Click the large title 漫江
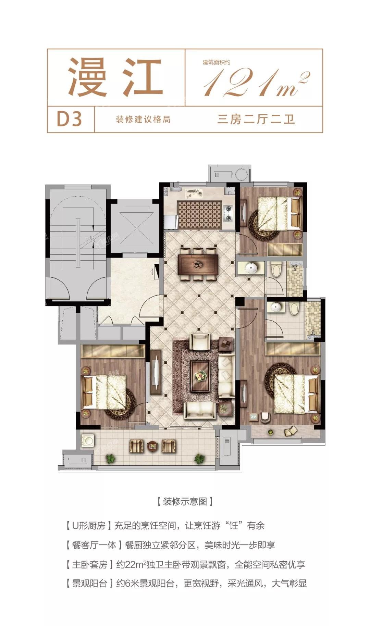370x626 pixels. (x=115, y=77)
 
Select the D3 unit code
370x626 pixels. (x=70, y=119)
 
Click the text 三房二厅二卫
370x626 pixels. (x=256, y=119)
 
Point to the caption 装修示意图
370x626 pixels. (x=185, y=502)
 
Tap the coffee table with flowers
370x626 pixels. (x=200, y=376)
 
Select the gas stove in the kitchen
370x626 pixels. (x=228, y=213)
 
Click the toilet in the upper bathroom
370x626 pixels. (x=276, y=269)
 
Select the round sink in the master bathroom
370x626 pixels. (x=276, y=307)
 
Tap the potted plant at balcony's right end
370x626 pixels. (x=199, y=459)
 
